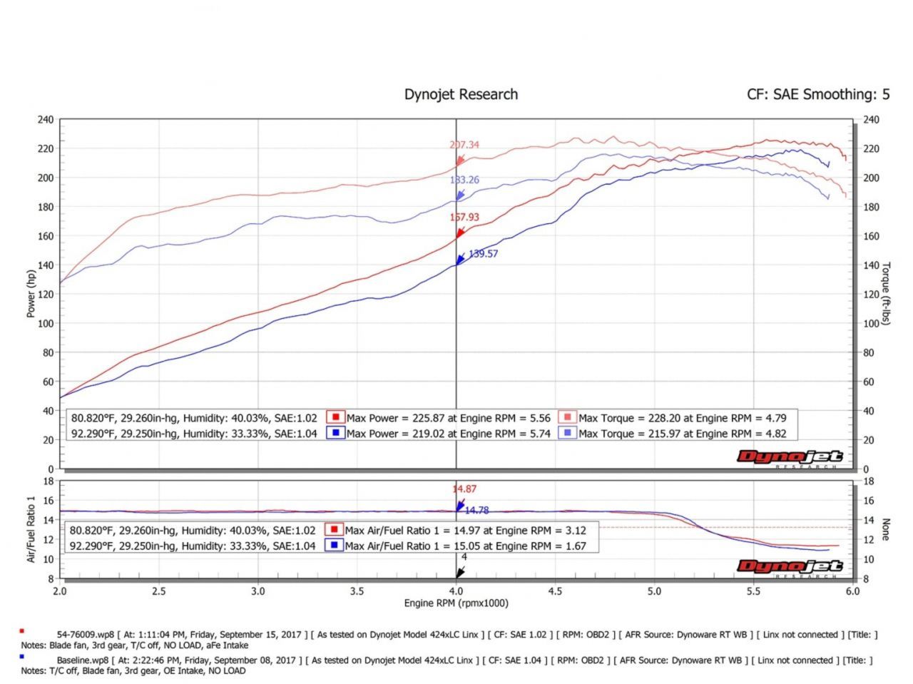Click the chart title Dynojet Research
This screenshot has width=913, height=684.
click(461, 94)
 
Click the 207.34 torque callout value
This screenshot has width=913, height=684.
click(464, 145)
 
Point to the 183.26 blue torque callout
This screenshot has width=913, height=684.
click(464, 180)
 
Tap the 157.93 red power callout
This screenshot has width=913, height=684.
click(464, 217)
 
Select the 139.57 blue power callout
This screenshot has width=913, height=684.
click(483, 253)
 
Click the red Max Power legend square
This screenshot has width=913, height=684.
click(335, 417)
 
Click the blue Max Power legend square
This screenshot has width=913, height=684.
click(335, 433)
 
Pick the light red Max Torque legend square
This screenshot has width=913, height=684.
click(568, 417)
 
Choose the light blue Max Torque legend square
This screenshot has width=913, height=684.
click(568, 433)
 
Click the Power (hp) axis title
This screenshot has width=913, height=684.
click(31, 294)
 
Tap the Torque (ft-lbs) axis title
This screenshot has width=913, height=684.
click(886, 294)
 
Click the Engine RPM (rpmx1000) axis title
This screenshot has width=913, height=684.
click(456, 603)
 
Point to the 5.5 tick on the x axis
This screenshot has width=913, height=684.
click(753, 591)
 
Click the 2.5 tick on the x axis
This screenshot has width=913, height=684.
click(159, 591)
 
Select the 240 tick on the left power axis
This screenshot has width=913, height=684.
click(45, 120)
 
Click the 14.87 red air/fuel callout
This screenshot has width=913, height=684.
click(464, 489)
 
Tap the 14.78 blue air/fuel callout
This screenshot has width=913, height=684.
click(476, 510)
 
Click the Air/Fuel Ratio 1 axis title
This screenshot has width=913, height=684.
click(31, 529)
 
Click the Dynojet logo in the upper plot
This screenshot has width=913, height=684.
click(790, 458)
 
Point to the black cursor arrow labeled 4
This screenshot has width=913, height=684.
click(461, 571)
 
